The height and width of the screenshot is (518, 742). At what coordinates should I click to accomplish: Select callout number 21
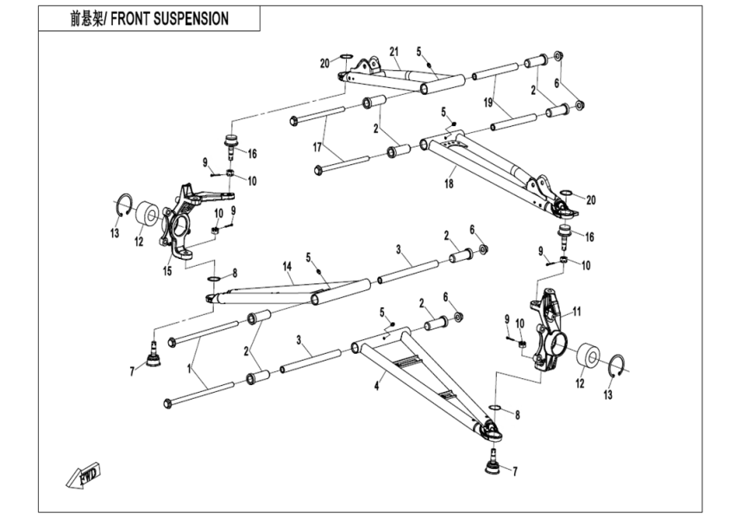394,52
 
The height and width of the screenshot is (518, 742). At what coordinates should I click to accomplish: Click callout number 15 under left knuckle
167,271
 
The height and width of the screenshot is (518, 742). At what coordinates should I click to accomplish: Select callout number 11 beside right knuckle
578,311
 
